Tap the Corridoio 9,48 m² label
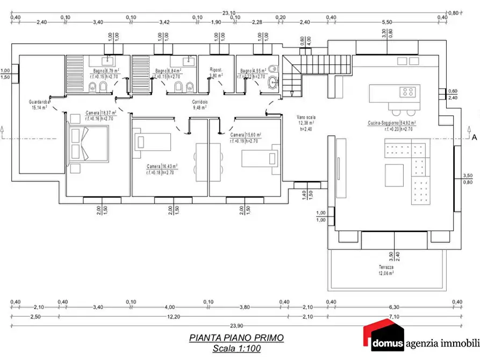pyautogui.click(x=200, y=104)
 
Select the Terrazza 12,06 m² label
pyautogui.click(x=385, y=270)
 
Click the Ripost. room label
pyautogui.click(x=216, y=73)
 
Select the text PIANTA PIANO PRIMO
pyautogui.click(x=236, y=338)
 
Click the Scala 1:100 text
pyautogui.click(x=236, y=349)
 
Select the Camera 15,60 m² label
pyautogui.click(x=246, y=138)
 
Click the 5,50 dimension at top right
pyautogui.click(x=387, y=22)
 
